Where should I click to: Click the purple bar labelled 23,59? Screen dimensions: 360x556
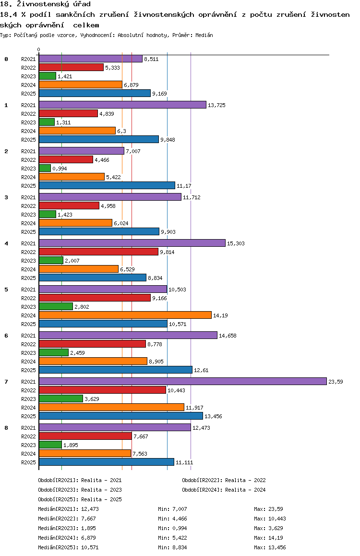click(183, 381)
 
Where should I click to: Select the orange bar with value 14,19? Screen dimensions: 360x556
click(125, 315)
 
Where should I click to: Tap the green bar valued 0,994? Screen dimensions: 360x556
click(45, 168)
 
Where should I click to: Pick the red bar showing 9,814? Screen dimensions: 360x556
click(98, 252)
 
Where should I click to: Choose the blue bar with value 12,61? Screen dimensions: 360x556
click(116, 370)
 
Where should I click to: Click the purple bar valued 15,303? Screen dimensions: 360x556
click(132, 243)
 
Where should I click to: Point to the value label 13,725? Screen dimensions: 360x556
click(216, 105)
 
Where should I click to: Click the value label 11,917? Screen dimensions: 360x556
click(194, 408)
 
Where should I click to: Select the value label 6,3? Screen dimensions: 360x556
click(121, 131)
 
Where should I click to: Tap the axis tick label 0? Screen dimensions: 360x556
click(38, 49)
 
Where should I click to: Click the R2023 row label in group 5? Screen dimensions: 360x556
click(28, 307)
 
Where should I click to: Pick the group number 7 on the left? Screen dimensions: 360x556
click(6, 382)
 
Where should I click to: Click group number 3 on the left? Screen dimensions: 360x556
click(6, 197)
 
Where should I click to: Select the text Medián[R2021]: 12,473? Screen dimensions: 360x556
click(68, 509)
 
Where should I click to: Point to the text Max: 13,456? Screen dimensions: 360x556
click(270, 547)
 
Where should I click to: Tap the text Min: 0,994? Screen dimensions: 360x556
click(172, 528)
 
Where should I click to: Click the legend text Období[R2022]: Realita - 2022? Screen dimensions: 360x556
click(224, 480)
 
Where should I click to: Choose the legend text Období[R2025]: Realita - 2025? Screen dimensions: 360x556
click(80, 499)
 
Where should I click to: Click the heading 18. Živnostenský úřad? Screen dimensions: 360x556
click(45, 4)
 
